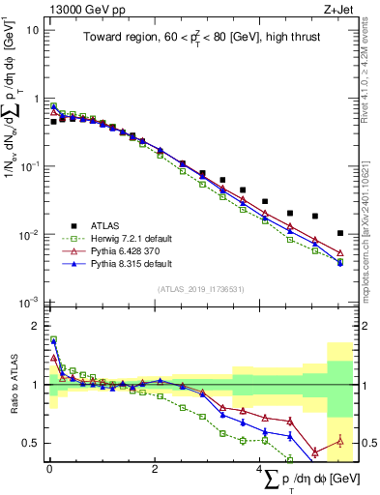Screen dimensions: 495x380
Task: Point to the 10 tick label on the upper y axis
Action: click(32, 30)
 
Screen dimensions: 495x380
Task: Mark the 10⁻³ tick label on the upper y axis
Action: click(31, 303)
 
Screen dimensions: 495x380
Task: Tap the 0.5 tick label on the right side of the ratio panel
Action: click(365, 444)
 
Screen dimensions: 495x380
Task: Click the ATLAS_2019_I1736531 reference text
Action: click(200, 289)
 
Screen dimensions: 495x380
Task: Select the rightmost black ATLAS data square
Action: click(339, 233)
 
